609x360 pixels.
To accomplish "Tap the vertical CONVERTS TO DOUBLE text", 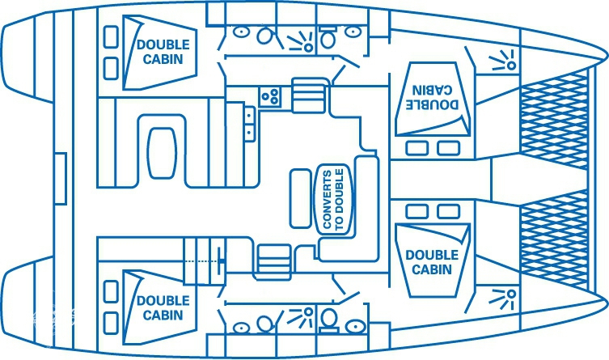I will (332, 200).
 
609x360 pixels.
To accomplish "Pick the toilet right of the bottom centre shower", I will (329, 321).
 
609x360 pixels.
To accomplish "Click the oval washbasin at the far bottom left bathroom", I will (240, 328).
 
